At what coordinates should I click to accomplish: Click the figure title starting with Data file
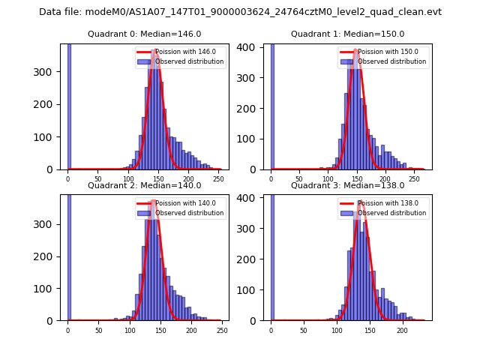(240, 12)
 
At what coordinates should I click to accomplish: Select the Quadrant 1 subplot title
(347, 34)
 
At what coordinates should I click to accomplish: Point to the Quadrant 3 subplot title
(347, 185)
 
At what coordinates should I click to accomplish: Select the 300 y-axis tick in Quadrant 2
(48, 224)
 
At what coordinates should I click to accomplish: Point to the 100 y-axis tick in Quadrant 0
(48, 137)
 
